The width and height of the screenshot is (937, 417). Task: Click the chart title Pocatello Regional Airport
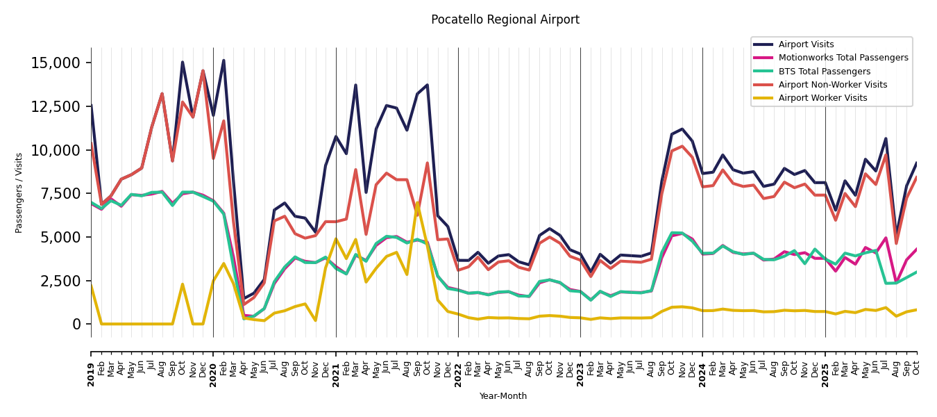tap(505, 20)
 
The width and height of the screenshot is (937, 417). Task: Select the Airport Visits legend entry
tap(806, 44)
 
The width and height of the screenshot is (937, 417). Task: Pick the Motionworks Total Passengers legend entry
tap(843, 58)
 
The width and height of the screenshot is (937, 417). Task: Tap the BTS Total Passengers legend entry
tap(824, 72)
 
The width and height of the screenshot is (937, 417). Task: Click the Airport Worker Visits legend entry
tap(822, 98)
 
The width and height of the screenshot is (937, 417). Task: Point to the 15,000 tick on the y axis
tap(56, 63)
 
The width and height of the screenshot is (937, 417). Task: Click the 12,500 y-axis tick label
tap(56, 106)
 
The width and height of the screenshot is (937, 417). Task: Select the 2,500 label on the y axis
tap(60, 281)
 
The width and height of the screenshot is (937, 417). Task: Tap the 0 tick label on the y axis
tap(77, 325)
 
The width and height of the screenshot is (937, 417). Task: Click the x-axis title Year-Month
tap(503, 396)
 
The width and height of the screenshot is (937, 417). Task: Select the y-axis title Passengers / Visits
tap(19, 193)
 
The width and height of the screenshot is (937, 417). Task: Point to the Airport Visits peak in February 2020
tap(223, 60)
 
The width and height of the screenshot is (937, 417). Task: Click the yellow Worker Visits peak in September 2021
tap(417, 204)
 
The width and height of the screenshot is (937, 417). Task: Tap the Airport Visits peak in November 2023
tap(682, 129)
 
